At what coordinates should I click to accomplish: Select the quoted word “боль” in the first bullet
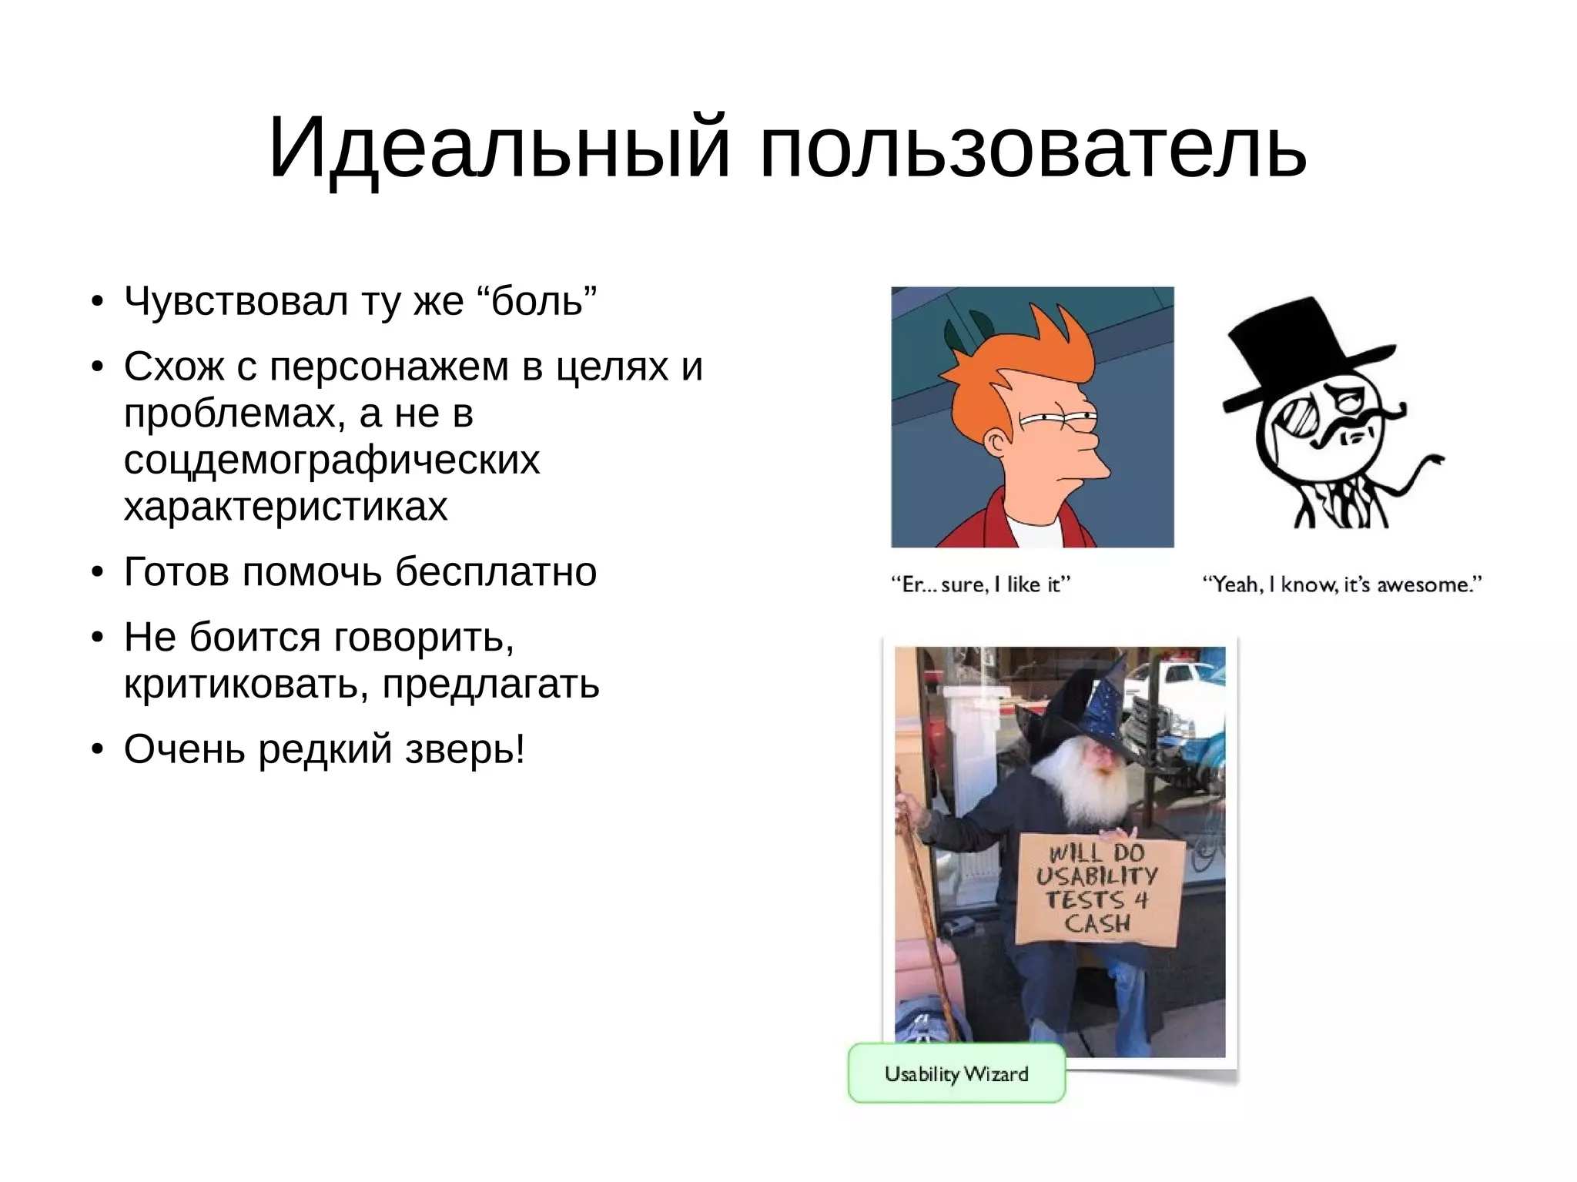click(544, 300)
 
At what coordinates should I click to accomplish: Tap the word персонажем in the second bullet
click(389, 367)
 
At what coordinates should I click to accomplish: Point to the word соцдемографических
click(332, 460)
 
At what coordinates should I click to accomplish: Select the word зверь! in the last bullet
click(465, 748)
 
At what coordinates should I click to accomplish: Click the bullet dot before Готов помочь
click(96, 573)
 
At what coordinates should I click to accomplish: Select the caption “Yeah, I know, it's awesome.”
click(1342, 584)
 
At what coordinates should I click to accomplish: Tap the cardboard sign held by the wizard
click(1100, 889)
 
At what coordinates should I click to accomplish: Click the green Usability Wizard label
click(956, 1073)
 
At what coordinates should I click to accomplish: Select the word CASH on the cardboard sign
click(1097, 923)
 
